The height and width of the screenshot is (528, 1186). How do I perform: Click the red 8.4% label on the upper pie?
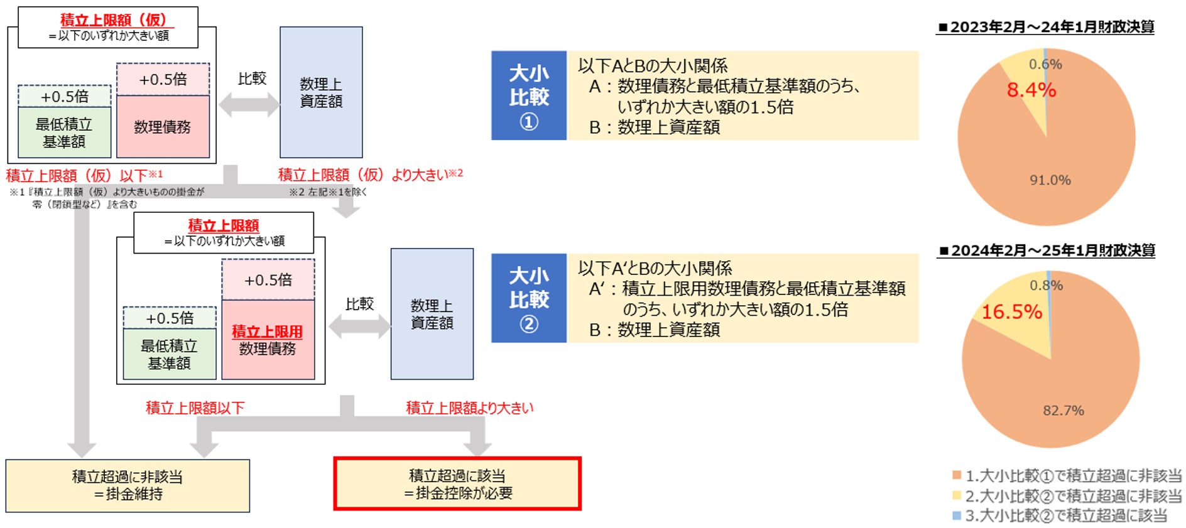[x=1031, y=90]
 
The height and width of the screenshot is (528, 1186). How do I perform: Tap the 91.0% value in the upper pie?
[x=1050, y=180]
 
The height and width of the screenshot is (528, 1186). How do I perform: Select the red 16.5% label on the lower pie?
[x=1011, y=311]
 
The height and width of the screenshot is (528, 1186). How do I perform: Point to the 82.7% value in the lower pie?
[x=1063, y=411]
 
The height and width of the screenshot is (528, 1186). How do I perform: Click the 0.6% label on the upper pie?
[x=1045, y=64]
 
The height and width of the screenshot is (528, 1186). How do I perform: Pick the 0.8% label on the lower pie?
[x=1046, y=286]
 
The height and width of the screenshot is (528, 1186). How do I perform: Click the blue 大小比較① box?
[x=529, y=95]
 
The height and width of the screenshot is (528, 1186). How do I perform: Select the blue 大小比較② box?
[x=529, y=298]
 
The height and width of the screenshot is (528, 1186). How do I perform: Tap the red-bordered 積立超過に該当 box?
[x=457, y=484]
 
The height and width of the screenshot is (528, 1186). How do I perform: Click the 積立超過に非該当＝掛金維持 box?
[x=128, y=485]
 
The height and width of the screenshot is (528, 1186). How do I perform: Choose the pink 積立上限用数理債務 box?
[x=268, y=340]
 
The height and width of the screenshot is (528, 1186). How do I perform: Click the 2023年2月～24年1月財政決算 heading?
[x=1046, y=27]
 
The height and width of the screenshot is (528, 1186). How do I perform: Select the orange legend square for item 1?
[x=957, y=475]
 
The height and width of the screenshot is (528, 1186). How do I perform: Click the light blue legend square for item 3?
[x=957, y=515]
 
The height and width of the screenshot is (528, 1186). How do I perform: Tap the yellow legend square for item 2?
[x=957, y=495]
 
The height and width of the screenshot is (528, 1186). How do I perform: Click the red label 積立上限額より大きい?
[x=469, y=408]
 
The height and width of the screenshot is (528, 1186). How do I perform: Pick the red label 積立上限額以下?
[x=195, y=408]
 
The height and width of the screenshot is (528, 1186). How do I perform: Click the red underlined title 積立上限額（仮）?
[x=113, y=20]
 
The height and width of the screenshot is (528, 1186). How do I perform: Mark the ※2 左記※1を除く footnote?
[x=327, y=192]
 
